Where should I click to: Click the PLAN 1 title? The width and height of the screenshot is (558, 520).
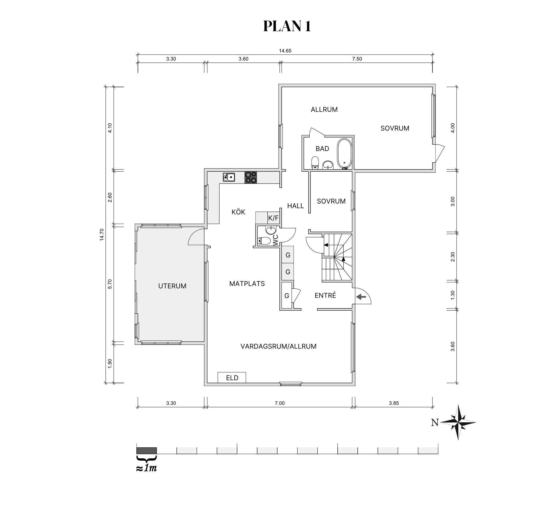pos(287,26)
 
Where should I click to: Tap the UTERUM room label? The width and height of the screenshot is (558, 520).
pos(172,286)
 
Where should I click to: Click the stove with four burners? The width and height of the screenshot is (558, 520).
pos(251,177)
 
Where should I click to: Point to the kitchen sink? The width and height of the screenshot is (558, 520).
pos(229,177)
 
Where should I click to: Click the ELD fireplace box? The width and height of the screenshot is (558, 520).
pos(232,377)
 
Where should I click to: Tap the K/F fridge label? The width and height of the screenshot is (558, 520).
pos(273,218)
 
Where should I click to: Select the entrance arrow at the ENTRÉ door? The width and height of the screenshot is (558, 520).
pos(362,296)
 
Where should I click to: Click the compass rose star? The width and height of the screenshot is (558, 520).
pos(458,422)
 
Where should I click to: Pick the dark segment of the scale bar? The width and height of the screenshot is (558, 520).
pos(146,450)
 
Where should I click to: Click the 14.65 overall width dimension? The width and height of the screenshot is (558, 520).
pos(285,51)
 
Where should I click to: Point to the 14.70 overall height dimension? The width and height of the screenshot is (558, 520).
pos(102,234)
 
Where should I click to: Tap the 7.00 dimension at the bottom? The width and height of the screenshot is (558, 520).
pos(280,403)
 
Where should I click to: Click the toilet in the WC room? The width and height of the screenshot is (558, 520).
pos(264,241)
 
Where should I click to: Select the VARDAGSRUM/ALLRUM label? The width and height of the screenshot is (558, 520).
pos(278,346)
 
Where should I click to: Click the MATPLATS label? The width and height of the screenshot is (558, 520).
pos(247,284)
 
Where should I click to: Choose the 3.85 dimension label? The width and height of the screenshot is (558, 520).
pos(394,403)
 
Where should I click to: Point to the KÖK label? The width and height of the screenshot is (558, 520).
pos(238,212)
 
